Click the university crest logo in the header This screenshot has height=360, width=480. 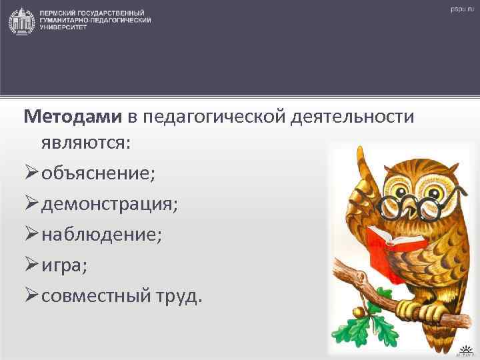[x=21, y=21]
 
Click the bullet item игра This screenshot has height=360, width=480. [x=64, y=265]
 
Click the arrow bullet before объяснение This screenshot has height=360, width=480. [x=31, y=173]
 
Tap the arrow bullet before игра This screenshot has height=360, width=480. [x=31, y=265]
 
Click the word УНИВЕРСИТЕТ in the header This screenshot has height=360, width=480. [x=59, y=27]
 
